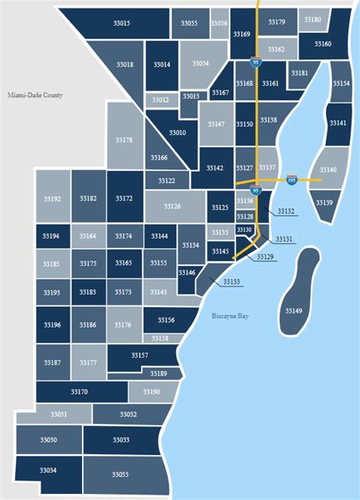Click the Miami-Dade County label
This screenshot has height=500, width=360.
pyautogui.click(x=35, y=96)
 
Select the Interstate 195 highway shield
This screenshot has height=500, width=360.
pyautogui.click(x=292, y=179)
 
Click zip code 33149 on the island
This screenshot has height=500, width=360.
pyautogui.click(x=293, y=311)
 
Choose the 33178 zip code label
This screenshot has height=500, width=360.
pyautogui.click(x=124, y=140)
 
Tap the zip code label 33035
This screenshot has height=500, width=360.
pyautogui.click(x=120, y=474)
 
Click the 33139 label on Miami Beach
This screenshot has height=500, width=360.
pyautogui.click(x=324, y=203)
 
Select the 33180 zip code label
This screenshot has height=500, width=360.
pyautogui.click(x=312, y=19)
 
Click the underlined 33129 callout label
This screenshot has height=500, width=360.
pyautogui.click(x=265, y=257)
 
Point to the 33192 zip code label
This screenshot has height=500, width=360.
pyautogui.click(x=52, y=198)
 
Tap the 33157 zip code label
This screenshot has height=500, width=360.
pyautogui.click(x=139, y=355)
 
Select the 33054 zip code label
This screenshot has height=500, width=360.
pyautogui.click(x=200, y=64)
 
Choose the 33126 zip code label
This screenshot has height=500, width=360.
pyautogui.click(x=172, y=206)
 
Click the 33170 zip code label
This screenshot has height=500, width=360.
pyautogui.click(x=78, y=391)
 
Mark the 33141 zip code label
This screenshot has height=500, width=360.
pyautogui.click(x=338, y=123)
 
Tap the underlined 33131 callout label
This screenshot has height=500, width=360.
pyautogui.click(x=283, y=239)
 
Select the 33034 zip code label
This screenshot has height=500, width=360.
pyautogui.click(x=48, y=470)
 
